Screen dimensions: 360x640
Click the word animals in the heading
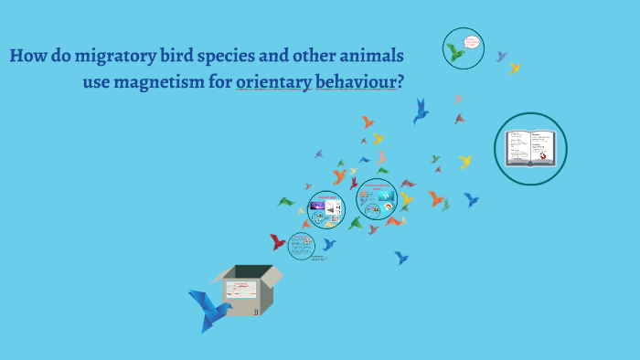pyautogui.click(x=369, y=57)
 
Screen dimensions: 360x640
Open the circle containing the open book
pyautogui.click(x=530, y=148)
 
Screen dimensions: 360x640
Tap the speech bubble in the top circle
pyautogui.click(x=472, y=41)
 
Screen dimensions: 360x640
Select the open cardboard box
pyautogui.click(x=245, y=291)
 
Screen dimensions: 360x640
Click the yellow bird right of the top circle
pyautogui.click(x=515, y=68)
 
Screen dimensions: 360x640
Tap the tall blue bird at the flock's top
pyautogui.click(x=421, y=111)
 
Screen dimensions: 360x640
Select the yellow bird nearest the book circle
pyautogui.click(x=465, y=162)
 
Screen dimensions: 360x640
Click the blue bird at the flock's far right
pyautogui.click(x=471, y=198)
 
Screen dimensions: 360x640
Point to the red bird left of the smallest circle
pyautogui.click(x=277, y=242)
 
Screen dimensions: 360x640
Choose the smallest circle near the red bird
pyautogui.click(x=301, y=246)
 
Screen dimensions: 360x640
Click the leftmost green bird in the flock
pyautogui.click(x=287, y=201)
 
